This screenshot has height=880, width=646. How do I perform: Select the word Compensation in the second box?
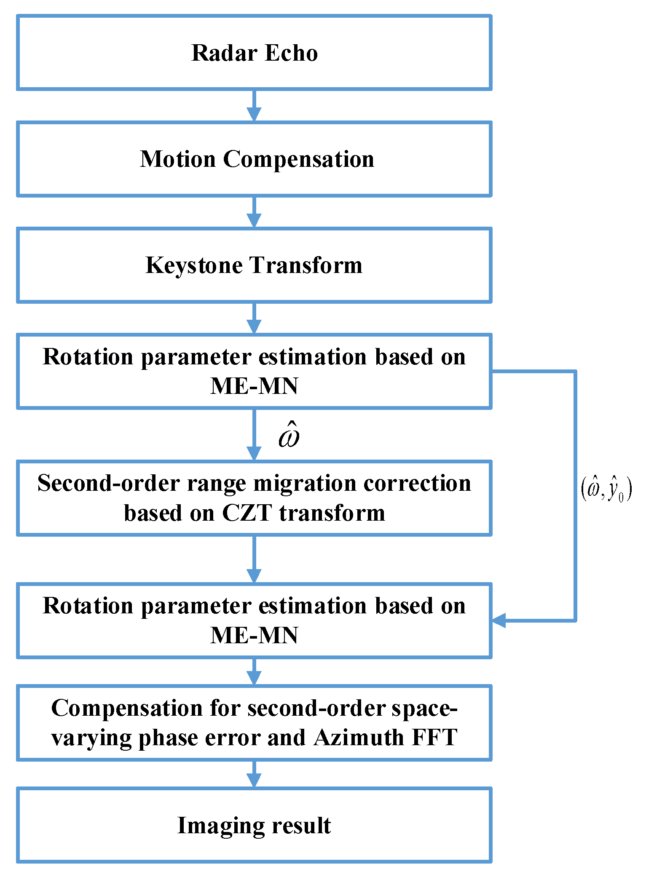(x=298, y=159)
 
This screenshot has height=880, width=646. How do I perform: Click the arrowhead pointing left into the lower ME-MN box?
(x=499, y=621)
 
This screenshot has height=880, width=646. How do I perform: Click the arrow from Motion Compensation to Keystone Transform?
(x=254, y=212)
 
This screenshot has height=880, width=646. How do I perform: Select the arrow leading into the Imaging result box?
(x=254, y=774)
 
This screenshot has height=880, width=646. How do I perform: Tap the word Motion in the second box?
(x=178, y=159)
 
